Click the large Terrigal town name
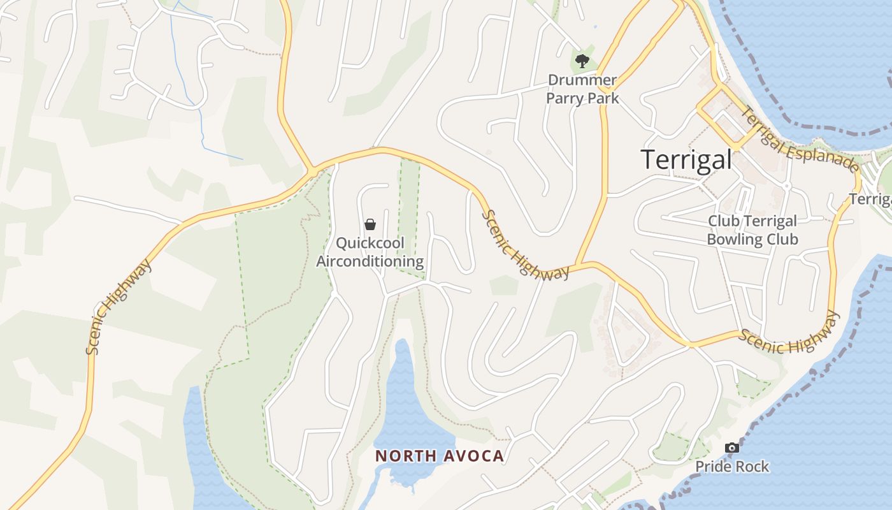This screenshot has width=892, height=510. coord(686,159)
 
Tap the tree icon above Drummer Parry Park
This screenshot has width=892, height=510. coord(582,62)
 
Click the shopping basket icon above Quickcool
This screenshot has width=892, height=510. coord(370,224)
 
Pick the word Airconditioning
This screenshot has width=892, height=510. coord(370,261)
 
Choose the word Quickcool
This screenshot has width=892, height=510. coord(370,243)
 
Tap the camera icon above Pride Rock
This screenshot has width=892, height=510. coord(732,448)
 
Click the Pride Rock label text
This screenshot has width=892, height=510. coord(732,467)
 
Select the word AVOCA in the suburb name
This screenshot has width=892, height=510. coord(474,456)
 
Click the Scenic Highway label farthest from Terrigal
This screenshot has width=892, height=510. coord(119,306)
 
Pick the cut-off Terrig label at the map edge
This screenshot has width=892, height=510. coord(870,200)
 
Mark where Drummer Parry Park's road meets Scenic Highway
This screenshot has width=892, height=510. coord(578,264)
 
